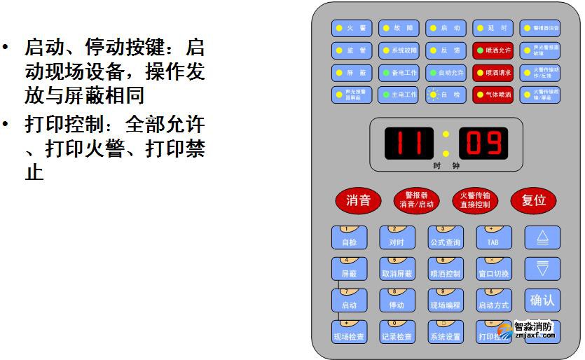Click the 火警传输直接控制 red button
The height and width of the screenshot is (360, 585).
(475, 200)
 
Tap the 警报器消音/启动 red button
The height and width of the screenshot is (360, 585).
(417, 200)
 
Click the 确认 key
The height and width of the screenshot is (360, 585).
(542, 300)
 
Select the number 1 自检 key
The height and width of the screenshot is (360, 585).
(349, 238)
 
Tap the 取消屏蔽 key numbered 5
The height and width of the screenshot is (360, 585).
(397, 270)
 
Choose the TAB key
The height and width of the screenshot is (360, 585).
(493, 238)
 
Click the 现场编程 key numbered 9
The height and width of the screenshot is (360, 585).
(446, 301)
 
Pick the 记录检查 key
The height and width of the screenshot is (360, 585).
(397, 333)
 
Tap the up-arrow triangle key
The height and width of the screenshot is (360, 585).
(542, 238)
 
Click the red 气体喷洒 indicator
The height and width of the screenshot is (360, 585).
(492, 94)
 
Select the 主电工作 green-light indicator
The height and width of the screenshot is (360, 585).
(399, 94)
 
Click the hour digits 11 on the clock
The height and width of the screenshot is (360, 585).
(408, 143)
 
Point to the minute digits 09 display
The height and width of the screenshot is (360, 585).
(483, 143)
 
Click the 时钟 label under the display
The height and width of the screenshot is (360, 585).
(446, 166)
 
